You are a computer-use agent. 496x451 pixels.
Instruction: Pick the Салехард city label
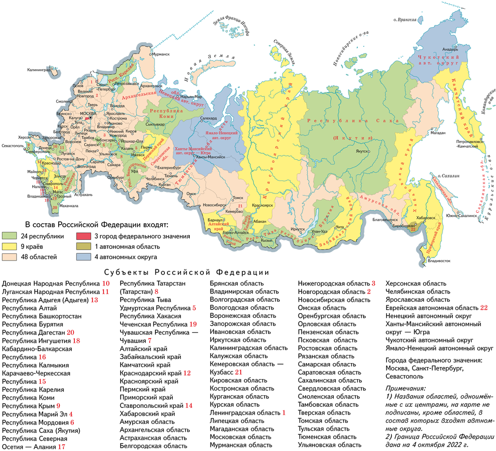(x=208, y=119)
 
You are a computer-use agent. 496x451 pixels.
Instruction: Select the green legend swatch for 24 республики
(x=10, y=236)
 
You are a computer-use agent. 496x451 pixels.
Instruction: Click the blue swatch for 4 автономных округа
(x=85, y=256)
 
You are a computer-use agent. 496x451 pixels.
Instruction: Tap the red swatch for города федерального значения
(x=85, y=236)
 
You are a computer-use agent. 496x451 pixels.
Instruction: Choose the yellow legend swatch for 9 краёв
(x=10, y=246)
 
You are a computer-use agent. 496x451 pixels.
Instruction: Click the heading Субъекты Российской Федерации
(x=187, y=273)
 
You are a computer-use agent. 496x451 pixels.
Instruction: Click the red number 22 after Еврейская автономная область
(x=485, y=308)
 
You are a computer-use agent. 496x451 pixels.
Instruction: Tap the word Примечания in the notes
(x=406, y=388)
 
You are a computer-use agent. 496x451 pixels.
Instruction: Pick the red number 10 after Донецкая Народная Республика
(x=106, y=284)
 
